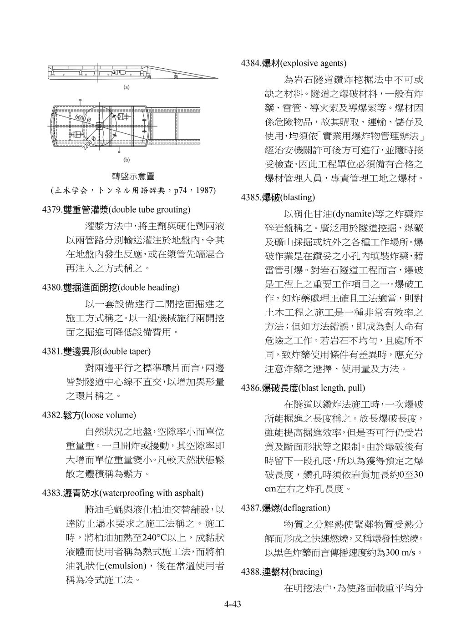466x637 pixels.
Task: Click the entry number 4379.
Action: (52, 210)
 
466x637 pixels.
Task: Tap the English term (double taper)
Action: (125, 351)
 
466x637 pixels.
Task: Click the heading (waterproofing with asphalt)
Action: (151, 493)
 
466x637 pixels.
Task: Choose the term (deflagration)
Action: (305, 508)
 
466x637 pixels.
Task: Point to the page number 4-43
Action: (232, 605)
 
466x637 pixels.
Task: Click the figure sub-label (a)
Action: (127, 87)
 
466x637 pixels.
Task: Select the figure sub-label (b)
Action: (127, 160)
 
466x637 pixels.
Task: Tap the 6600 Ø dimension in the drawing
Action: (83, 118)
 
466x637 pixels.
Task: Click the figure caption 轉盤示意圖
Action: (133, 176)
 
